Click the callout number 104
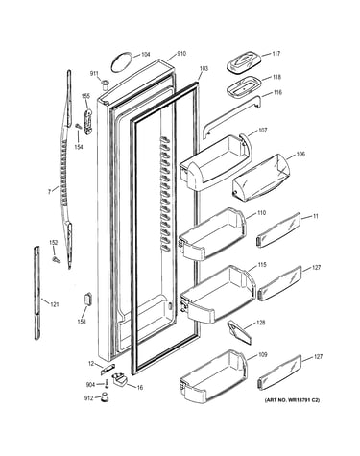point(145,55)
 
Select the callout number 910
point(181,54)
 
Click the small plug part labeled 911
point(105,84)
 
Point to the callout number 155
point(85,96)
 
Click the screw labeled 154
point(78,127)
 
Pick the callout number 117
point(276,54)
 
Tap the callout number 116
point(277,92)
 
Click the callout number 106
point(300,154)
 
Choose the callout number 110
point(261,213)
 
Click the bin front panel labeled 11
point(278,229)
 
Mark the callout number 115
point(262,265)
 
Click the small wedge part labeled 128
point(239,333)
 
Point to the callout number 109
point(263,355)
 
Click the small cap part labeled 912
point(104,397)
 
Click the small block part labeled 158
point(87,299)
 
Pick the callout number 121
point(55,304)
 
